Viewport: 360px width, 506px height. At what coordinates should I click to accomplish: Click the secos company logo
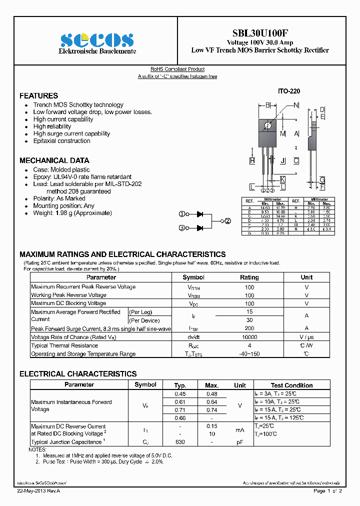(x=97, y=40)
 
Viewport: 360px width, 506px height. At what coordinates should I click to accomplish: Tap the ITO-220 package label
(x=289, y=92)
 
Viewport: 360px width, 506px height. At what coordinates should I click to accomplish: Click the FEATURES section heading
(x=38, y=95)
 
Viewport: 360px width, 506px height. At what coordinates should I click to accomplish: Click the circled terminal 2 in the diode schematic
(x=227, y=220)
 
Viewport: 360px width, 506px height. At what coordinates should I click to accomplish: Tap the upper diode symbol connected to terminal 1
(x=199, y=214)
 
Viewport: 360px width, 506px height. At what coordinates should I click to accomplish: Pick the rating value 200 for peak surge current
(x=249, y=328)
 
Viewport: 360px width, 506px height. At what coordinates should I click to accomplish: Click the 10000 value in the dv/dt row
(x=249, y=337)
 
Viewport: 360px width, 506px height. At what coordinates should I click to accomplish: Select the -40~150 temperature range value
(x=249, y=354)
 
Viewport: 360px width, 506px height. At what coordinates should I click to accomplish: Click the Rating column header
(x=249, y=277)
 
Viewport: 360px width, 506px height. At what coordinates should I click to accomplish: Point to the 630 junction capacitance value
(x=180, y=442)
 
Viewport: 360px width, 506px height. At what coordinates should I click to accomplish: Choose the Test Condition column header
(x=291, y=385)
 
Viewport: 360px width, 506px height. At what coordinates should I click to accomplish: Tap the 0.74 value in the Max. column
(x=212, y=409)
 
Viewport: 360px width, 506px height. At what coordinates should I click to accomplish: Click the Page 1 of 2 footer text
(x=327, y=491)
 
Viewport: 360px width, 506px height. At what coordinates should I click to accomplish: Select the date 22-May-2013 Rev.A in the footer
(x=39, y=491)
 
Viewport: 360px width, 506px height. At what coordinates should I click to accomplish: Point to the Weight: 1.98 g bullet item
(x=72, y=213)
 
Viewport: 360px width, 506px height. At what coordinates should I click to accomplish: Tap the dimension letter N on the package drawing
(x=296, y=105)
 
